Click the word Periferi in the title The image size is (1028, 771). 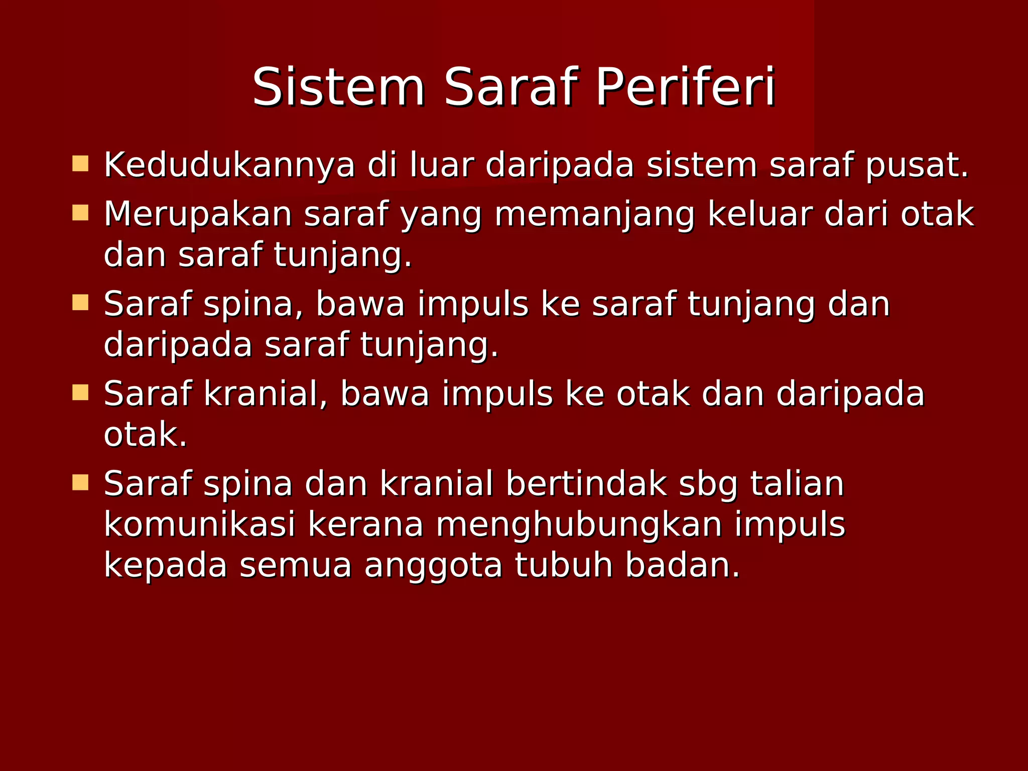(685, 88)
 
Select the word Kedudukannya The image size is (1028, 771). (229, 166)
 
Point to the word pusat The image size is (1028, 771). (917, 166)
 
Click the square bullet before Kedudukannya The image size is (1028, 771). (80, 164)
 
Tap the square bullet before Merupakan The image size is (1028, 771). (80, 213)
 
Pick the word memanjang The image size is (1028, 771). (594, 215)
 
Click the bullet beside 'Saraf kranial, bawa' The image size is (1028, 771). (80, 393)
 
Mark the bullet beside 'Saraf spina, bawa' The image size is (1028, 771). (80, 303)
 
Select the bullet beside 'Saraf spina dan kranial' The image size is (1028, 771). (80, 482)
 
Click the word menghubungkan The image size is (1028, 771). (579, 526)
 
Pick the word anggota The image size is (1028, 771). (433, 566)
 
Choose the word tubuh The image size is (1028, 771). (564, 565)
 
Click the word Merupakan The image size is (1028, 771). (198, 215)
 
